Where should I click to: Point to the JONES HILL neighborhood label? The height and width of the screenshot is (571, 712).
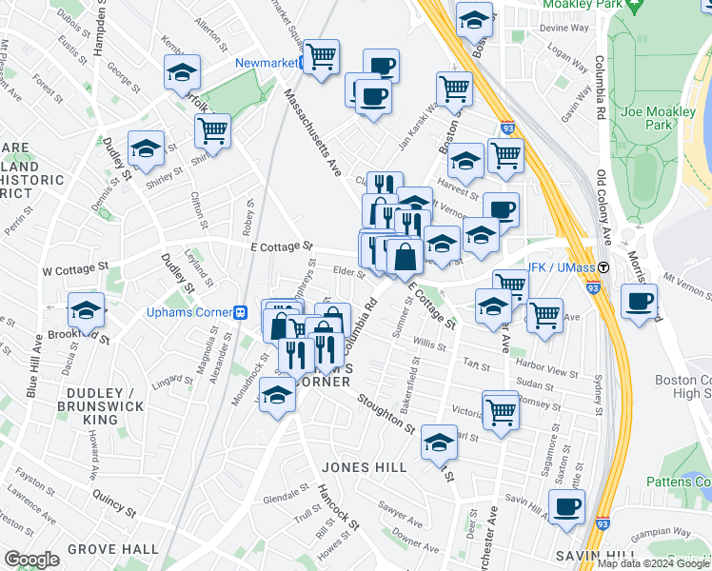365,467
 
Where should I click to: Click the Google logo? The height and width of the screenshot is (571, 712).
31,560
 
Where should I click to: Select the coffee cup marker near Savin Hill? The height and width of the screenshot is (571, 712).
567,508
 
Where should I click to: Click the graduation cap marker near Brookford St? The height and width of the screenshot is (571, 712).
86,310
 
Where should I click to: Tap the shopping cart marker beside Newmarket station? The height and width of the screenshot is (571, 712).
322,57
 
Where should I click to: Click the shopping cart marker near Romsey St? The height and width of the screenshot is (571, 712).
500,411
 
